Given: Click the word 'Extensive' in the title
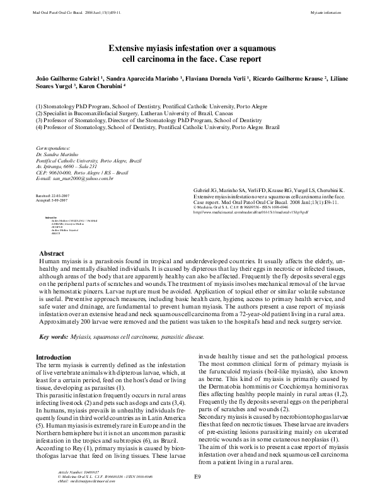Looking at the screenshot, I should [129, 48].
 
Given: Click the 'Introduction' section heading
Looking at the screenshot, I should [54, 357].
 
